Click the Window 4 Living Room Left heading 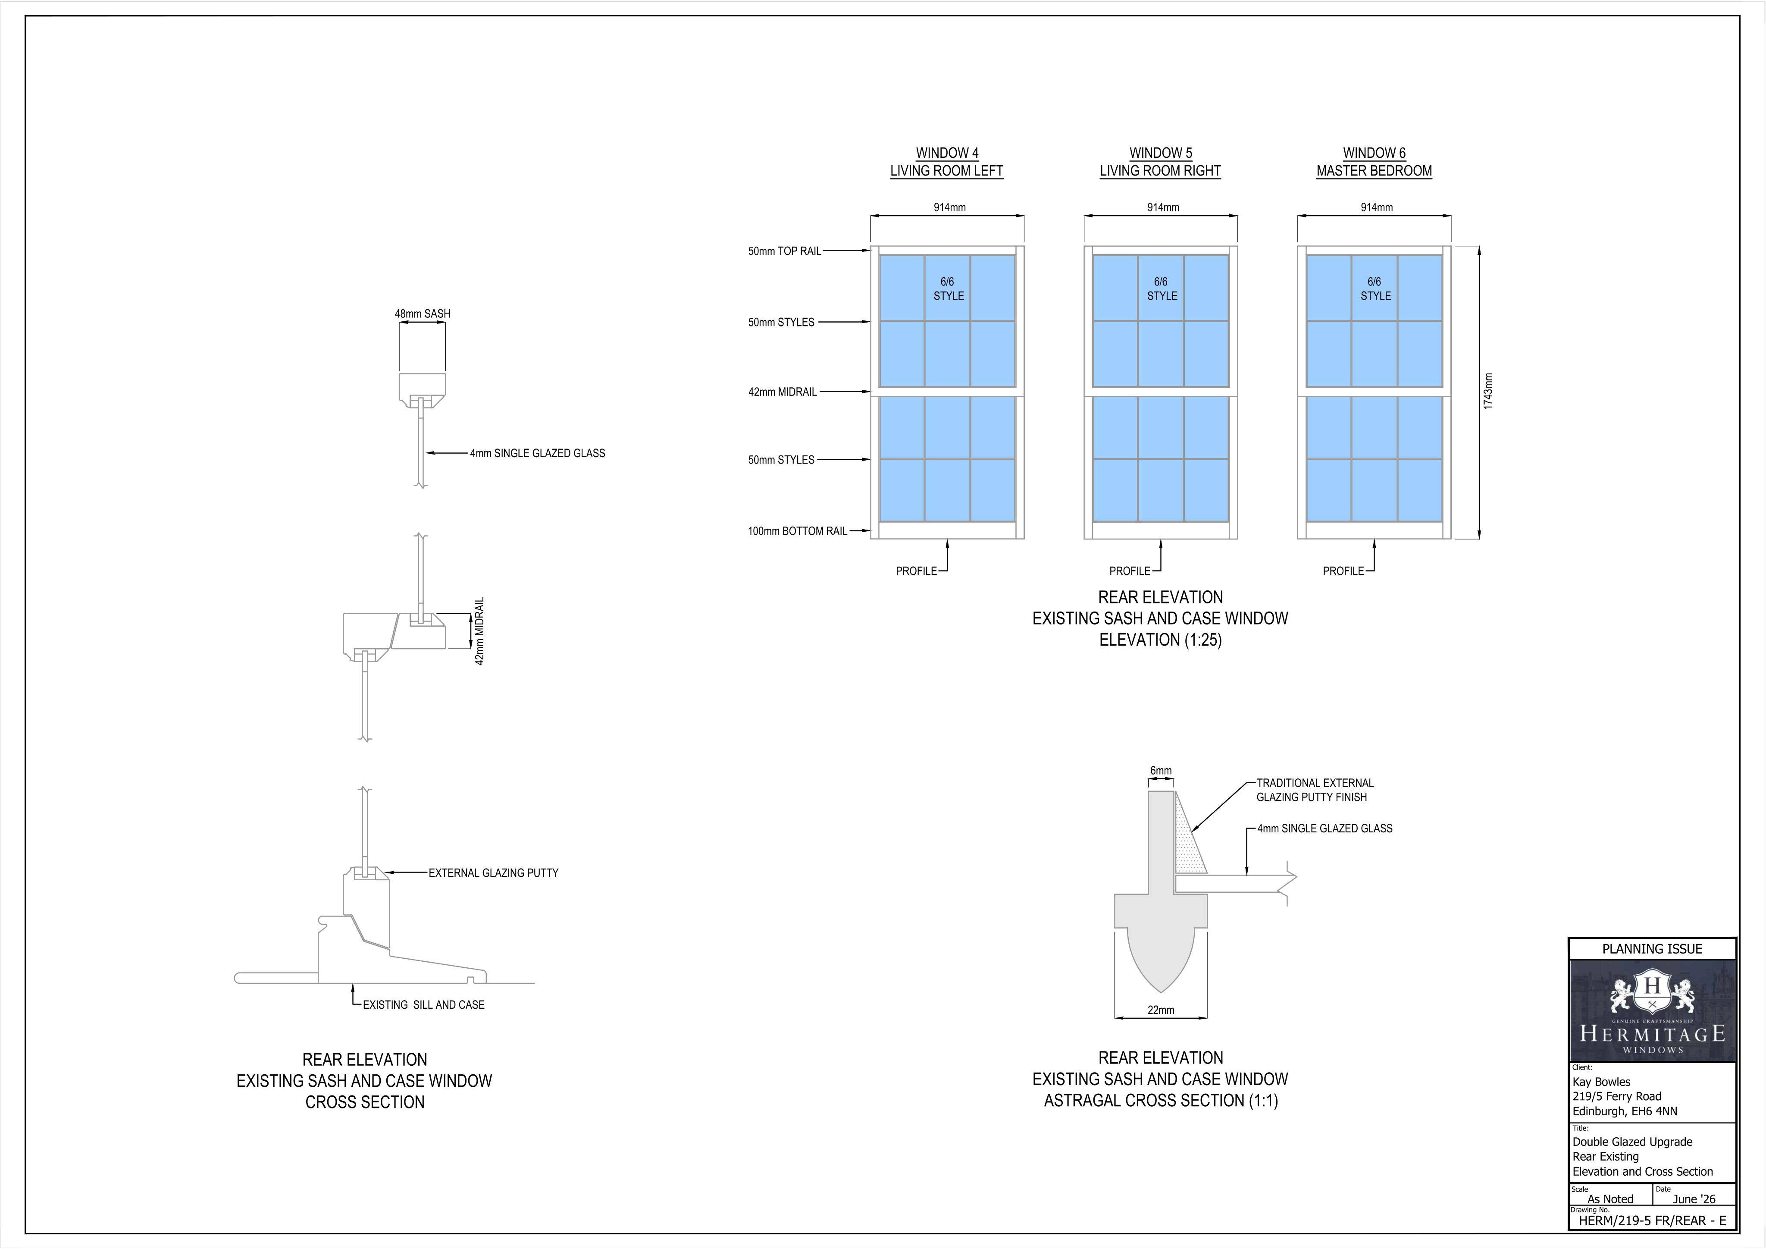click(947, 162)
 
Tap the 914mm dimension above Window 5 click(1163, 207)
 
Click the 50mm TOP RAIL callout click(785, 251)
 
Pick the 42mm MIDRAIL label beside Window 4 click(782, 392)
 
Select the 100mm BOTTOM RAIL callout click(798, 531)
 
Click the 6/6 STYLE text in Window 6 click(1375, 289)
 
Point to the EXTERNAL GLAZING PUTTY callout click(493, 872)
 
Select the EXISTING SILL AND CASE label click(424, 1004)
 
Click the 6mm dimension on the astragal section click(1161, 770)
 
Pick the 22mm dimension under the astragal click(1161, 1010)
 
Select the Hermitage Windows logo click(1652, 1010)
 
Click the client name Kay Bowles click(1601, 1081)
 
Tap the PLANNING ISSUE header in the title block click(1652, 949)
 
